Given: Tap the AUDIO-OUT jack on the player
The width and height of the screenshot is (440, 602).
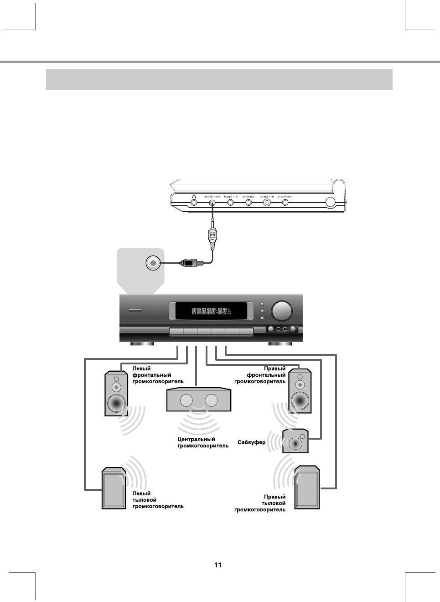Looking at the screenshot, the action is (212, 202).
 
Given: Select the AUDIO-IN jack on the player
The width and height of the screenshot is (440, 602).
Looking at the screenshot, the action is (230, 202).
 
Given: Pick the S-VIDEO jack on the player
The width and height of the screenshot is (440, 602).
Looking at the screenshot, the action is (248, 202).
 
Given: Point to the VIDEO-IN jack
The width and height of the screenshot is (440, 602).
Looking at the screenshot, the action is (267, 202).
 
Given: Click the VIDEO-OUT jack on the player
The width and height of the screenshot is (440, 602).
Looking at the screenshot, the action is (285, 202).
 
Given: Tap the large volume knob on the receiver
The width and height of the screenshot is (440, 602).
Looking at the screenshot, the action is (282, 311).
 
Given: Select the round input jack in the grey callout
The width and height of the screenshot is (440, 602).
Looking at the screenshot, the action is (153, 263).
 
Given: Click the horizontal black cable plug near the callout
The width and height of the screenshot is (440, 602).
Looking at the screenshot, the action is (188, 263).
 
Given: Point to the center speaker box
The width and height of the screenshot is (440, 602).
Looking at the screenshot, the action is (199, 400).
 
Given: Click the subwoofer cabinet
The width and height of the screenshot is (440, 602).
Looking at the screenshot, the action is (295, 441).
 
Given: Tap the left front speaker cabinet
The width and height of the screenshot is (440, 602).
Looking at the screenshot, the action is (116, 393).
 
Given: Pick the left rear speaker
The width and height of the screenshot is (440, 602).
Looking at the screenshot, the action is (114, 488).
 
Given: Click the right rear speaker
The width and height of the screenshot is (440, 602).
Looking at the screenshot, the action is (306, 488).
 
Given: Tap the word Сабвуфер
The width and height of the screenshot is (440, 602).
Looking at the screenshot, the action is (252, 442).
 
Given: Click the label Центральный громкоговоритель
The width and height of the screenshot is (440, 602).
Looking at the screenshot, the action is (203, 442).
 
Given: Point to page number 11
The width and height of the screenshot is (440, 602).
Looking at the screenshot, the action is (218, 565).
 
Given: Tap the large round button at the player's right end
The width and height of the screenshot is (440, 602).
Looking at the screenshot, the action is (331, 202).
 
